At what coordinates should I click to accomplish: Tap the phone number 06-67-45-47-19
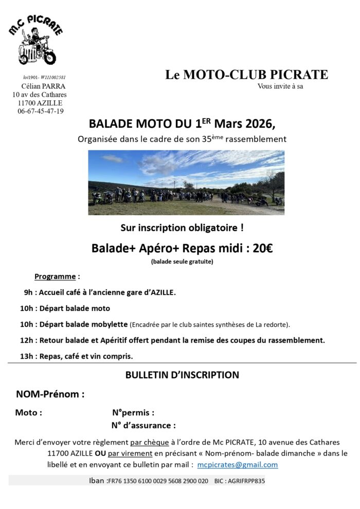41,111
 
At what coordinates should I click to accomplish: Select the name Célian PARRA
43,86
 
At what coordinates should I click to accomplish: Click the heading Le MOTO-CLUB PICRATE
246,75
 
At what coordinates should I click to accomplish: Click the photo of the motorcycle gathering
186,182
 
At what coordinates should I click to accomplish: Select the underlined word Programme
55,276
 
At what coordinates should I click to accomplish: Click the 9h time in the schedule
29,292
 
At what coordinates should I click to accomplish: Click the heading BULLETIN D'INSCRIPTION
182,375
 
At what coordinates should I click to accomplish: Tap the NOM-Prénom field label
50,395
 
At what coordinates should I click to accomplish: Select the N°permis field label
133,412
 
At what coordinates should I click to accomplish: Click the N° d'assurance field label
143,425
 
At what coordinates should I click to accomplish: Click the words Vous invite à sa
280,86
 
